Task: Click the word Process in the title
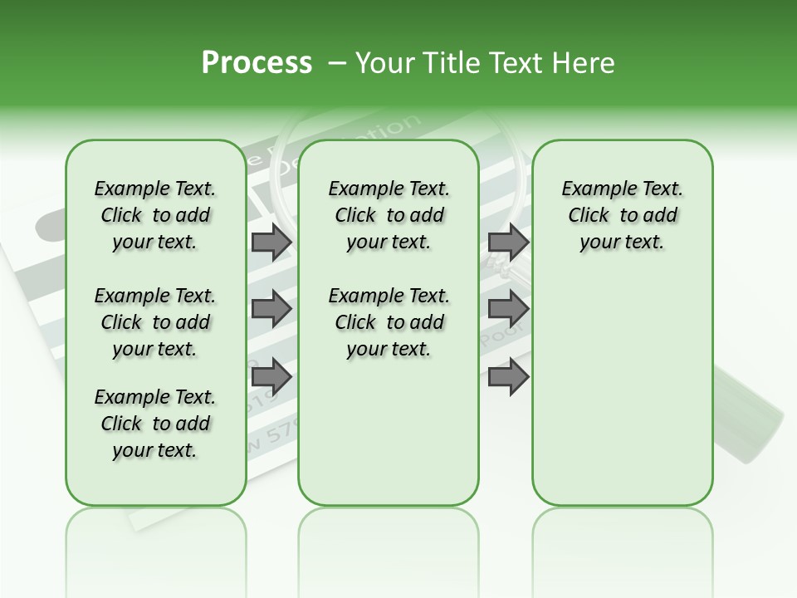(x=257, y=63)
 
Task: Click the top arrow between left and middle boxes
(x=271, y=243)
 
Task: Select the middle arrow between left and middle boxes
(x=271, y=309)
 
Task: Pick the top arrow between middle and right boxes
(x=508, y=243)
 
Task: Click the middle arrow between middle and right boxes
(x=508, y=309)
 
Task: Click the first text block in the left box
(x=155, y=215)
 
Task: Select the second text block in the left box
(x=155, y=322)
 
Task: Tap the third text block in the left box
(x=155, y=424)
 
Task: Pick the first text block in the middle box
(x=389, y=215)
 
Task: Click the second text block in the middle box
(x=389, y=322)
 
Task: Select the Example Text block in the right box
(x=623, y=215)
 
